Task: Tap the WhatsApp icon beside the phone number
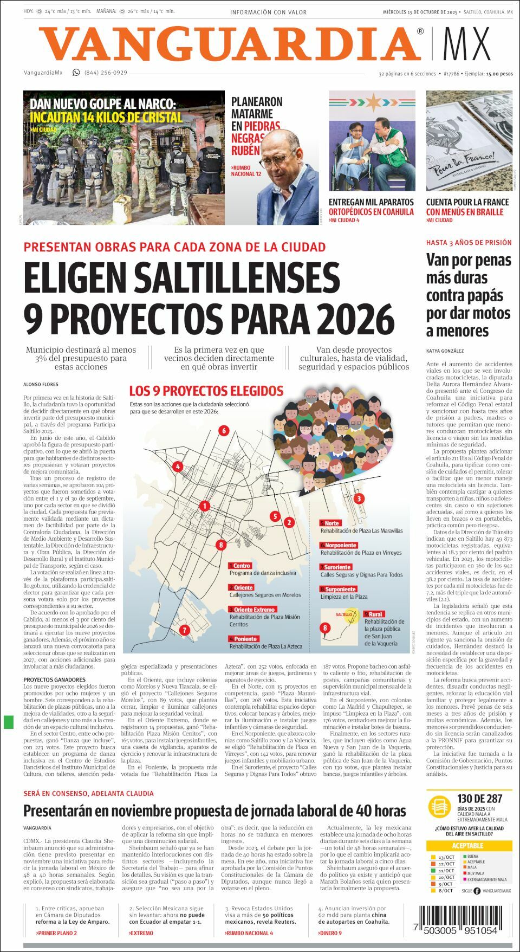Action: point(76,73)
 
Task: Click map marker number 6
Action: point(223,431)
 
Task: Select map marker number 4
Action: point(177,466)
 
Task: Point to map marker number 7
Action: point(184,630)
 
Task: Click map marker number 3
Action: point(359,498)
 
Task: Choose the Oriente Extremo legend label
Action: point(252,610)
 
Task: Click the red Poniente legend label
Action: point(243,639)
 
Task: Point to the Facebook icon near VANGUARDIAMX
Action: point(477,891)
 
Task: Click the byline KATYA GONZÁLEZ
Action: point(445,351)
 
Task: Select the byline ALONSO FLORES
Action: point(41,384)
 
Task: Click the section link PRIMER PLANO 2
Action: point(56,933)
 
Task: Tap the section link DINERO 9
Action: point(329,933)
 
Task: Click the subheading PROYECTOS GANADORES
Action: point(54,679)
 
